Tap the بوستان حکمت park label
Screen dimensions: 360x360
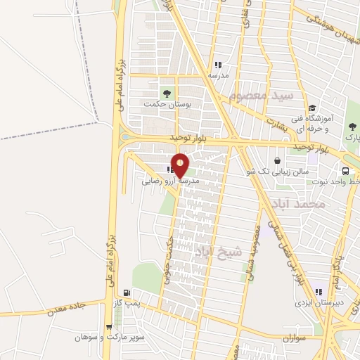tap(169, 104)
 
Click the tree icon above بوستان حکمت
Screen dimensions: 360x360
tap(167, 92)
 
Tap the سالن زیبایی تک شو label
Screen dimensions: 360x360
tap(282, 171)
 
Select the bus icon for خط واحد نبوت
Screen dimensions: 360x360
tap(346, 171)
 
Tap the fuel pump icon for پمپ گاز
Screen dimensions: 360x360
tap(127, 293)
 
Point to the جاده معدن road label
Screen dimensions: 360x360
tap(66, 307)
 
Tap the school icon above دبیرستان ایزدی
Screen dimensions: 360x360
tap(319, 292)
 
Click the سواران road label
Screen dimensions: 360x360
tap(297, 338)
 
